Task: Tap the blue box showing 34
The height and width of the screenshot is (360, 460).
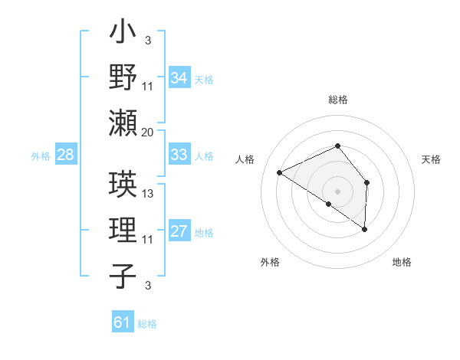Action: point(179,78)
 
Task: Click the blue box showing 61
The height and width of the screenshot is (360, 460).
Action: point(122,322)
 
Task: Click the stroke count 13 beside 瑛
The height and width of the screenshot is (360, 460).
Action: point(148,194)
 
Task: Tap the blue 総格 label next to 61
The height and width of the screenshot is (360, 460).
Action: point(147,324)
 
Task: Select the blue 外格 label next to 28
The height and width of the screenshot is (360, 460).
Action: point(41,156)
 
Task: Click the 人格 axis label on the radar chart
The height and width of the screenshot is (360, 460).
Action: point(245,159)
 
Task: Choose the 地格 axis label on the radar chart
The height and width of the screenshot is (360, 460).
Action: point(402,262)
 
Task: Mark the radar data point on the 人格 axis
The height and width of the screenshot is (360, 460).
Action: point(280,172)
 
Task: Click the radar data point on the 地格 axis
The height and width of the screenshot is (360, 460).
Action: point(365,229)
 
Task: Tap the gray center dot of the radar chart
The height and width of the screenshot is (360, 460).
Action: point(337,191)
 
